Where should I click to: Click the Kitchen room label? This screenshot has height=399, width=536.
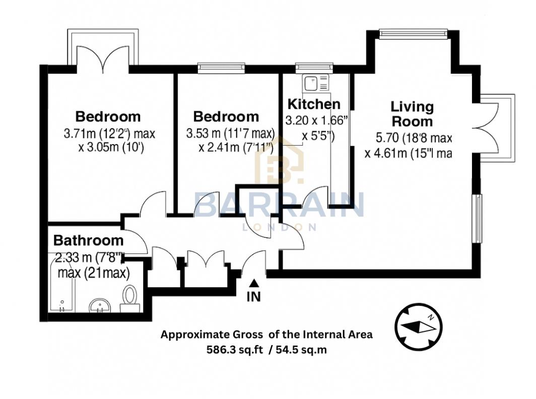pyautogui.click(x=314, y=104)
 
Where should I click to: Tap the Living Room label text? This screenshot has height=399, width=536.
pyautogui.click(x=412, y=114)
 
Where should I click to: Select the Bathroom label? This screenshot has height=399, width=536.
pyautogui.click(x=89, y=240)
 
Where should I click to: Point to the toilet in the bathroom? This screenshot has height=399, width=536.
pyautogui.click(x=130, y=298)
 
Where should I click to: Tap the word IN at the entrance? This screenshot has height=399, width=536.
pyautogui.click(x=254, y=297)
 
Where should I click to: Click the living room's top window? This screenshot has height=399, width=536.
pyautogui.click(x=413, y=33)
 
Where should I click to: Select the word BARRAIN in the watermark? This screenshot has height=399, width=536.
pyautogui.click(x=280, y=206)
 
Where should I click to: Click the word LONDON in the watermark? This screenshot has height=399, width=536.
pyautogui.click(x=280, y=227)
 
